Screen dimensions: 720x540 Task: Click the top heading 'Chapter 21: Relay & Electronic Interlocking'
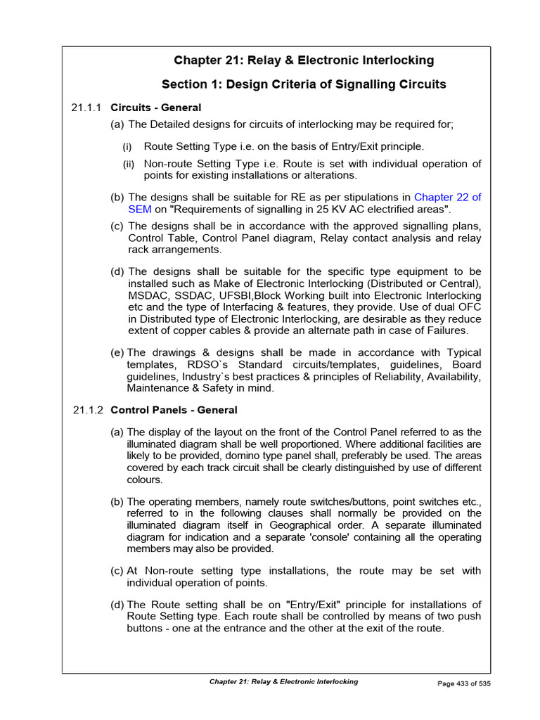pos(304,60)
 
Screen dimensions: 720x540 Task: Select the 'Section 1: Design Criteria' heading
pos(304,85)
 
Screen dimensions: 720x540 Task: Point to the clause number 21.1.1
pos(87,108)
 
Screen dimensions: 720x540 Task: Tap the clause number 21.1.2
pos(87,409)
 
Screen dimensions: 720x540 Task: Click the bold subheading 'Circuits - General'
pos(156,108)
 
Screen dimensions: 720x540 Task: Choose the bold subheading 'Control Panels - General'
pos(174,409)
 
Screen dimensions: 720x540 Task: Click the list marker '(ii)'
pos(129,164)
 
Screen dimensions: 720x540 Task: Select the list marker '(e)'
pos(117,352)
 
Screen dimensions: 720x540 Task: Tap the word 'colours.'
pos(145,480)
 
